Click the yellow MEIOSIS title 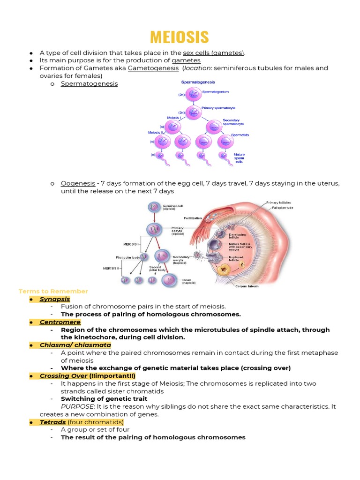coord(180,37)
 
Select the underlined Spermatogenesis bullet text coord(89,83)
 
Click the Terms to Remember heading coord(53,291)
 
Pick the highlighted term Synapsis coord(55,299)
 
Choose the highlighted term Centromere coord(60,322)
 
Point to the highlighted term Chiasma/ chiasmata coord(75,345)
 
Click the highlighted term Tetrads coord(52,422)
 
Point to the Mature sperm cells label coord(239,158)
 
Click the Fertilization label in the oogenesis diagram coord(193,218)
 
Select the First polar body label coord(127,257)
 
